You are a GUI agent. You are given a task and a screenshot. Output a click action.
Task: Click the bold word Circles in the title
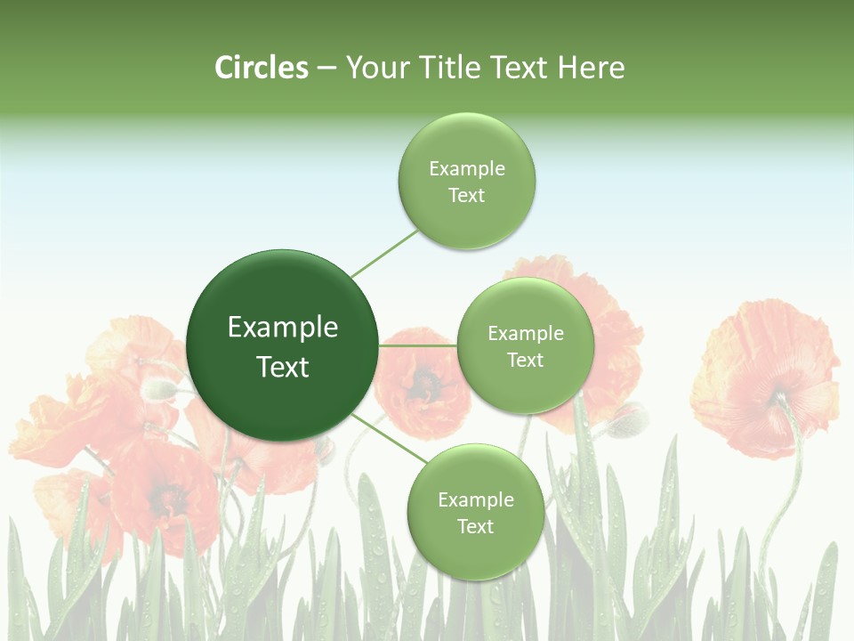point(262,68)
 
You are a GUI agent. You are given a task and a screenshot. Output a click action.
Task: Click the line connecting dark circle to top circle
point(384,253)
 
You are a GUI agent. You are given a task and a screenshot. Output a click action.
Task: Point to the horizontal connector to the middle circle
point(418,345)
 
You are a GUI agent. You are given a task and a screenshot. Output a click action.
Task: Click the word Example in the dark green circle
point(283,328)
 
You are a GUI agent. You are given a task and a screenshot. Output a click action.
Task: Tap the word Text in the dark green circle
point(283,367)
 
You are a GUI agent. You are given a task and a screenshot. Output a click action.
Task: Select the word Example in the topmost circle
point(467,169)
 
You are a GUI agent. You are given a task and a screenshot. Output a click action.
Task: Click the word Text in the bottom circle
point(475,527)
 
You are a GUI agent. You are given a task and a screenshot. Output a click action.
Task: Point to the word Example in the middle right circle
point(525,334)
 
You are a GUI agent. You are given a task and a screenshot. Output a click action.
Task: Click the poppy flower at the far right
point(765,374)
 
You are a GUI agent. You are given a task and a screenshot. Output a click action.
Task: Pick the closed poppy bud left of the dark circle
point(160,388)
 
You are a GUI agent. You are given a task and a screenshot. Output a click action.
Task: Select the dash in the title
point(326,69)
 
